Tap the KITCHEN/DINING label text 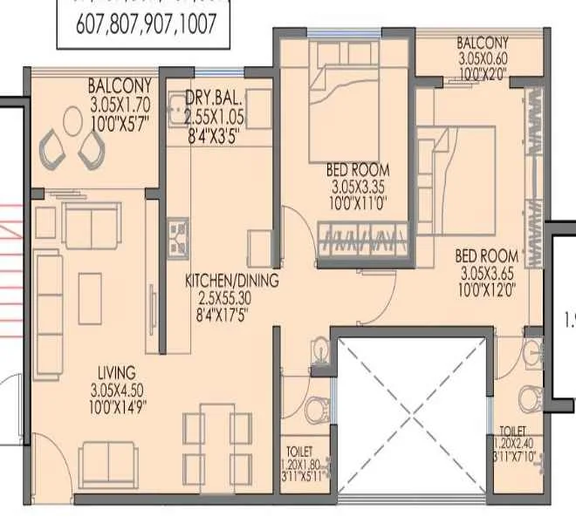[x=231, y=281]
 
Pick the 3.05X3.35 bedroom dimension [x=358, y=186]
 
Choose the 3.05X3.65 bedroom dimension [x=489, y=273]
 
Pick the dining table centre [x=217, y=439]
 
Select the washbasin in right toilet [x=530, y=352]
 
